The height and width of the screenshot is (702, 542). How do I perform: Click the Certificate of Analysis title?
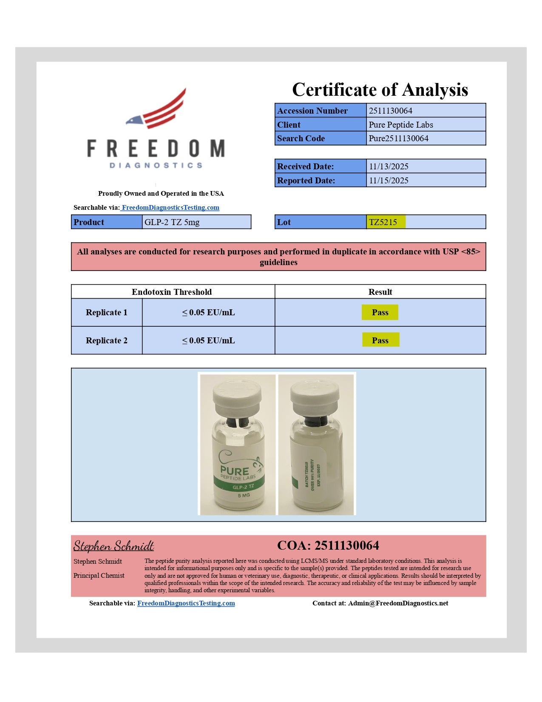pos(380,90)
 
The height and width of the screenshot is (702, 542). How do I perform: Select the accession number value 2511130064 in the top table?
pos(390,111)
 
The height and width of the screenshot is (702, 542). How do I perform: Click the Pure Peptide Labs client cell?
pos(400,125)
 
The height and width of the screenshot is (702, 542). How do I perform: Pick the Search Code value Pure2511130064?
pos(398,138)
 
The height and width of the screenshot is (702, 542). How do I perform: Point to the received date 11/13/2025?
pos(388,166)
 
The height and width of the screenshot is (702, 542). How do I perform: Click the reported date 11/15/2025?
pos(388,180)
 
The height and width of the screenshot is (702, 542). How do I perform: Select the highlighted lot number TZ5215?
pos(383,222)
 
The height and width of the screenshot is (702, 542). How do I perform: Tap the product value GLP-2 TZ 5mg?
pos(172,222)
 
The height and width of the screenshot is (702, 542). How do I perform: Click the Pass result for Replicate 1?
pos(380,312)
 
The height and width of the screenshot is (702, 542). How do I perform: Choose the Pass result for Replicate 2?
pos(380,340)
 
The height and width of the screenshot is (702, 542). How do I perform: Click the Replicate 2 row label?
pos(106,340)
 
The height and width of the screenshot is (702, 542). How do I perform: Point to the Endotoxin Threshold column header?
pos(171,292)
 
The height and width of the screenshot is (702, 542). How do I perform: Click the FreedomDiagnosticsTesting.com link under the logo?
pos(170,208)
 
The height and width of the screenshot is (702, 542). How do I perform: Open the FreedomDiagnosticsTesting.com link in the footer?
pos(186,603)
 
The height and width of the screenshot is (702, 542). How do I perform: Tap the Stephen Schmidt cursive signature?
pos(114,546)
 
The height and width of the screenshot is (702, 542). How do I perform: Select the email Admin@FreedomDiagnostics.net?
pos(398,603)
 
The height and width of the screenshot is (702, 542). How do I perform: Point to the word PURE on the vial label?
pos(234,471)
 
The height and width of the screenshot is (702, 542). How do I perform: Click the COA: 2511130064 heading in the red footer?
pos(328,545)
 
